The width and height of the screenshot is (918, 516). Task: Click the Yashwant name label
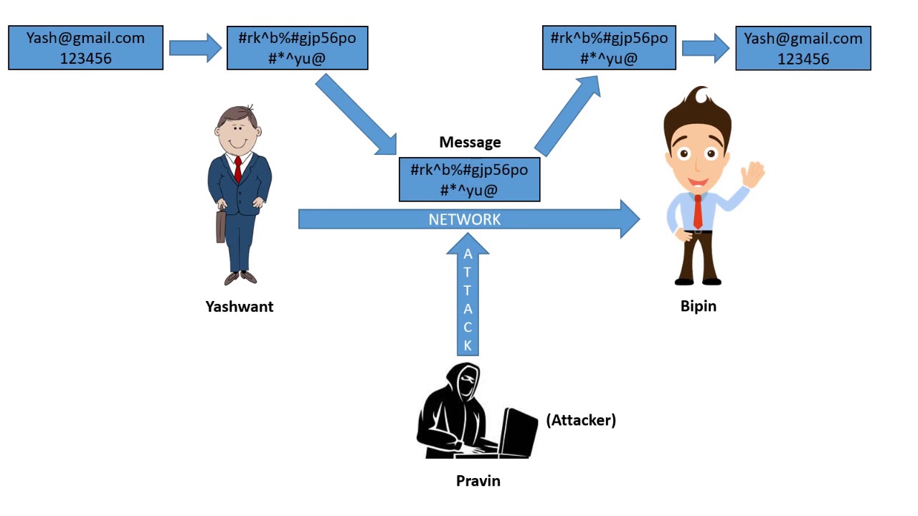tap(240, 307)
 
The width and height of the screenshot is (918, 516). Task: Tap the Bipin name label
tap(698, 306)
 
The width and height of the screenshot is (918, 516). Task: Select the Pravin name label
tap(478, 481)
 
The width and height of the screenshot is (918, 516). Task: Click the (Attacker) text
tap(581, 420)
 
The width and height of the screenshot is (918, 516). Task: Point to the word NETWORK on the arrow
tap(465, 220)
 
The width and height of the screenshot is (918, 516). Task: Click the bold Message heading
tap(470, 143)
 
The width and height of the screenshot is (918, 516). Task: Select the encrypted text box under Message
tap(469, 180)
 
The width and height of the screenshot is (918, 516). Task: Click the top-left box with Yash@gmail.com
tap(85, 48)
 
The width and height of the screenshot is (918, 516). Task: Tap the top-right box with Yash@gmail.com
tap(803, 49)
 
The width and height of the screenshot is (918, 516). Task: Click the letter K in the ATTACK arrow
tap(468, 345)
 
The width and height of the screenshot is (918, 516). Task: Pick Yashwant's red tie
tap(238, 170)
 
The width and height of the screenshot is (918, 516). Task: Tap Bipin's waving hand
tap(754, 174)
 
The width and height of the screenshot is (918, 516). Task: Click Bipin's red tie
tap(698, 212)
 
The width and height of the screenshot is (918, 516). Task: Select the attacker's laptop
tap(518, 431)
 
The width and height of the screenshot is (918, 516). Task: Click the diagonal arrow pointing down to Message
tap(356, 115)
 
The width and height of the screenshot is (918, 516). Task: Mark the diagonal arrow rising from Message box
tap(567, 114)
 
